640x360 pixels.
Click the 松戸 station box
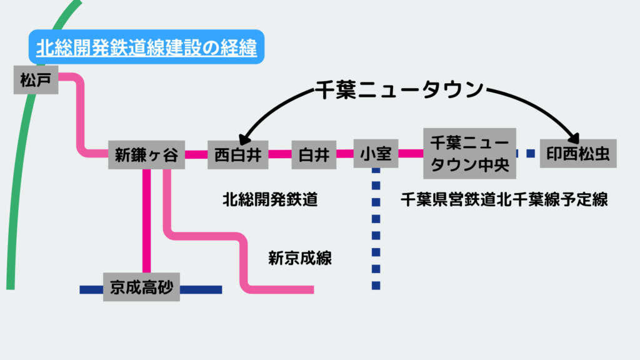pyautogui.click(x=36, y=80)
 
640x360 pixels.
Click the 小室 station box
pyautogui.click(x=376, y=154)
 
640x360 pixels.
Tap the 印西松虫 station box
pyautogui.click(x=578, y=153)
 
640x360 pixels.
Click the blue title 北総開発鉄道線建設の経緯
pyautogui.click(x=146, y=47)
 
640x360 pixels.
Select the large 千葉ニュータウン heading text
pyautogui.click(x=400, y=89)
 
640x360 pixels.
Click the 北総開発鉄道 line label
pyautogui.click(x=270, y=199)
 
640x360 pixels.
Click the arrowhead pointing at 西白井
pyautogui.click(x=244, y=136)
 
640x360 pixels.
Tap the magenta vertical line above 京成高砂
pyautogui.click(x=147, y=219)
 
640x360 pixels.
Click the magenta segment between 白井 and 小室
pyautogui.click(x=345, y=153)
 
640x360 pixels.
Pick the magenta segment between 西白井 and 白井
pyautogui.click(x=281, y=153)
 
